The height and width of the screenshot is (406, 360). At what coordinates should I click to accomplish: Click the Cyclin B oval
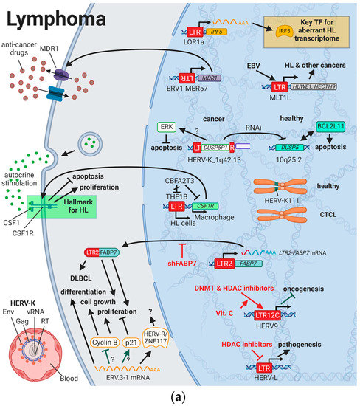[x=103, y=343]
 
